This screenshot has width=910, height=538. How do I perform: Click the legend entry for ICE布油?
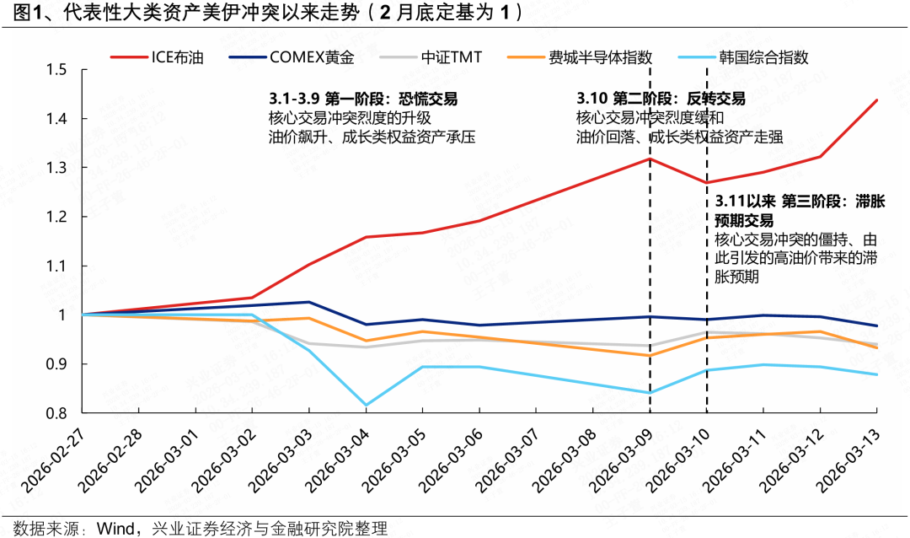[x=172, y=58]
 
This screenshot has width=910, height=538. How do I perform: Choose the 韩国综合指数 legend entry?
[x=763, y=58]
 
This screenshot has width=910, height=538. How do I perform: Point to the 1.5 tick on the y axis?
[x=56, y=69]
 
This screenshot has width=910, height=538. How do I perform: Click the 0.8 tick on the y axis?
[x=56, y=413]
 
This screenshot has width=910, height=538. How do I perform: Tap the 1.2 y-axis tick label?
[x=56, y=217]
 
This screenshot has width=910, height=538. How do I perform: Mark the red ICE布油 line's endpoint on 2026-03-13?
[x=877, y=100]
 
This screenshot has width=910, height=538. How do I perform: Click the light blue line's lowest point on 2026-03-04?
[x=366, y=405]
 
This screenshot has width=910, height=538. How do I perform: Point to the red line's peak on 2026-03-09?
[x=650, y=159]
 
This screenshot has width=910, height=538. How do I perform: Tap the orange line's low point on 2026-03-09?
[x=650, y=355]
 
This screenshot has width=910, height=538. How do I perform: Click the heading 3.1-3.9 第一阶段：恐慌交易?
[x=363, y=100]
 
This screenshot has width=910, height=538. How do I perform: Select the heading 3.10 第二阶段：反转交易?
[x=661, y=100]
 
